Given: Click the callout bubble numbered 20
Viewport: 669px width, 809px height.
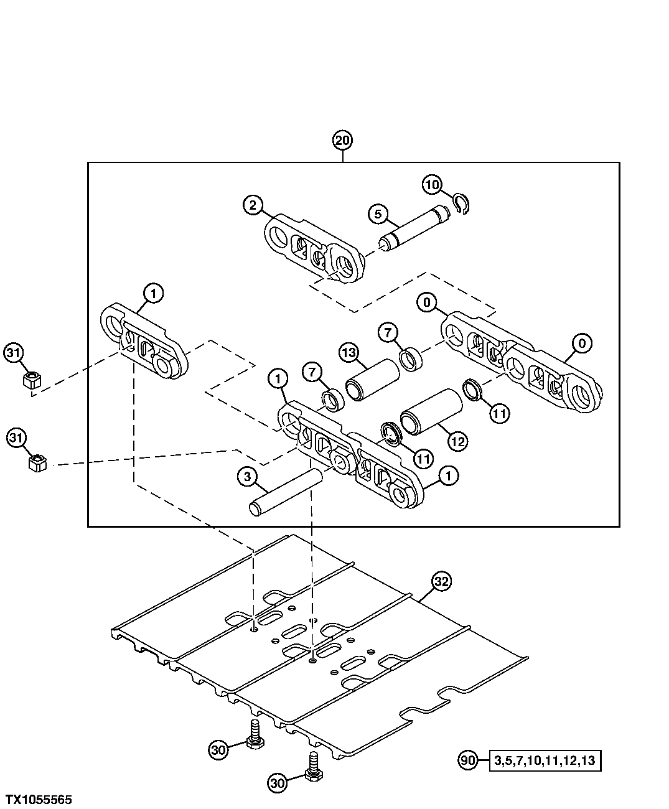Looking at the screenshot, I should [342, 141].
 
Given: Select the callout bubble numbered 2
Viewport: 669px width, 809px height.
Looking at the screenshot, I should [253, 205].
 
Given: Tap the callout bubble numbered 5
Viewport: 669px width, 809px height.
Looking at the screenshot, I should [377, 214].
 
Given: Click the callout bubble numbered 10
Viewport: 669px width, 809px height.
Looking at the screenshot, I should [433, 185].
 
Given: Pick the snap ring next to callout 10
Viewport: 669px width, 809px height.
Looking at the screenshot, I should [461, 205].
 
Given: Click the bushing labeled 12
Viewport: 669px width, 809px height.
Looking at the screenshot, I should [432, 411].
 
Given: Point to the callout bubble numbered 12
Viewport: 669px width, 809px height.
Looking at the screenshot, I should [457, 441].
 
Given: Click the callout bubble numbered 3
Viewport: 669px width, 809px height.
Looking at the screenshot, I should [246, 477].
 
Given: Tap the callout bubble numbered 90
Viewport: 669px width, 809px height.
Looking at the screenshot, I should [469, 760].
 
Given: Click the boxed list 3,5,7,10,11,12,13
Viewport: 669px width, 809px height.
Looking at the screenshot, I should [545, 760].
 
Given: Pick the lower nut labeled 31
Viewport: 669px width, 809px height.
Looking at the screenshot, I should [37, 463].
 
